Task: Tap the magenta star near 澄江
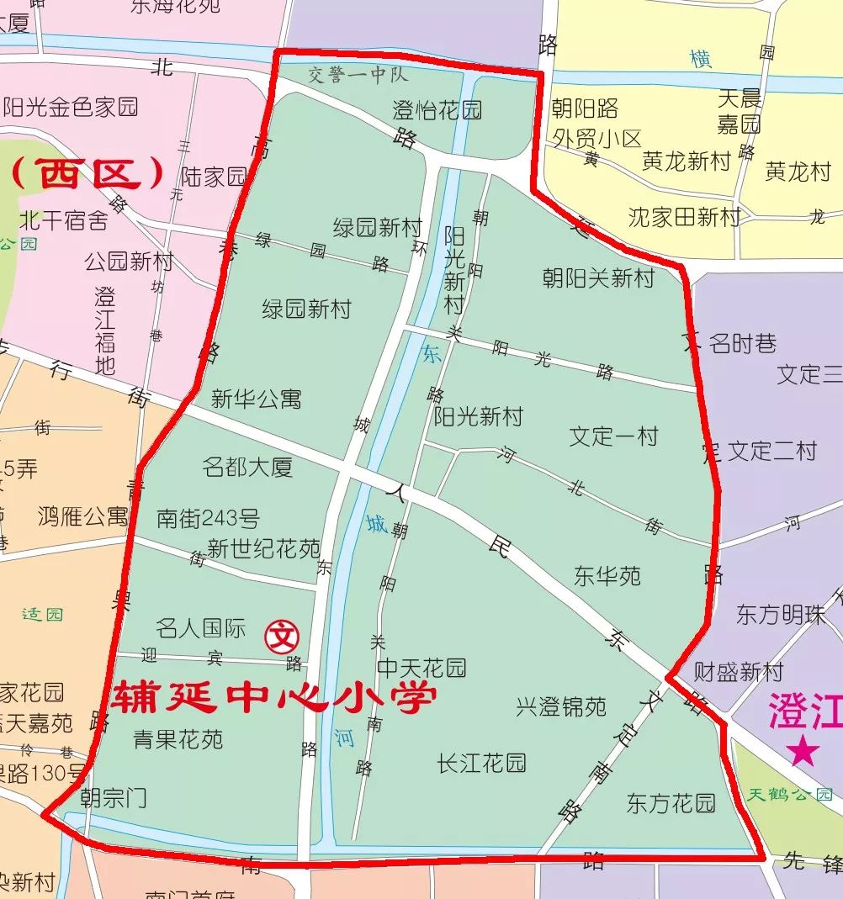coord(803,751)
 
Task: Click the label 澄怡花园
coord(437,109)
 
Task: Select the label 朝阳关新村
coord(598,278)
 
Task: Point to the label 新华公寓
coord(256,399)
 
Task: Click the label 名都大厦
coord(248,467)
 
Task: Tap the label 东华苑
coord(607,576)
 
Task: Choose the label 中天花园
coord(421,669)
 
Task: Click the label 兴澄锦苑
coord(561,706)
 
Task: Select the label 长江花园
coord(482,763)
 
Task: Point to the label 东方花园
coord(671,803)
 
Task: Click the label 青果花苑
coord(178,739)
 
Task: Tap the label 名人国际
coord(201,628)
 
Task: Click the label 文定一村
coord(613,436)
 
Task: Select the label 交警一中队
coord(358,75)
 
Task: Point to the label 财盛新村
coord(738,672)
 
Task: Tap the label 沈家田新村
coord(684,217)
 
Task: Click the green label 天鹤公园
coord(790,795)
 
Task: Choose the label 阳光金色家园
coord(71,108)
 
